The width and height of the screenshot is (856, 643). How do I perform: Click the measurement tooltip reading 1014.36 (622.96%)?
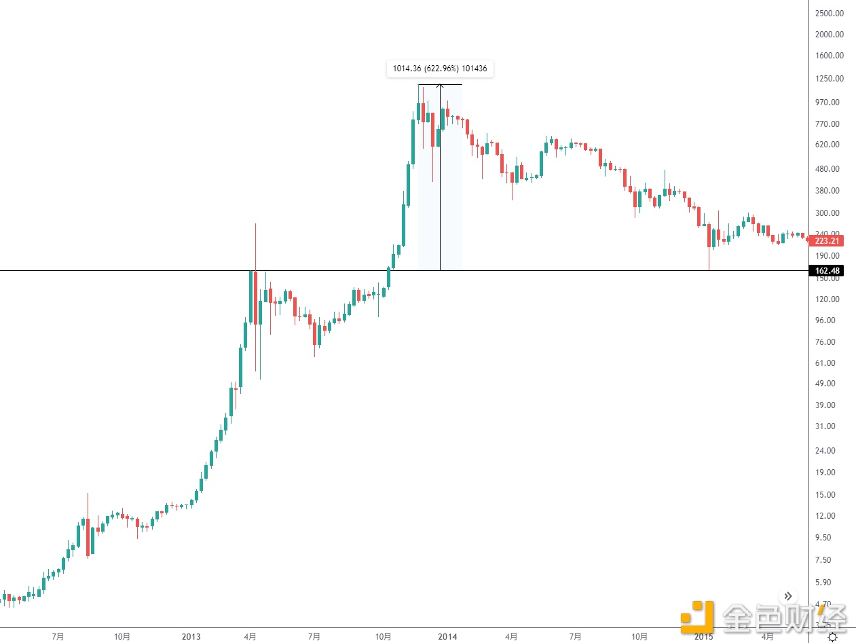point(441,69)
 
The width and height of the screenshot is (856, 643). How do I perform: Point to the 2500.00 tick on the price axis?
point(829,13)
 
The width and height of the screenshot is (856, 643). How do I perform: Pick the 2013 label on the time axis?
point(191,637)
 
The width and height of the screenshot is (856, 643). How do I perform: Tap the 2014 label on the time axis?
point(447,637)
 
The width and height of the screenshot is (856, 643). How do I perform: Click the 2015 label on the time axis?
point(704,637)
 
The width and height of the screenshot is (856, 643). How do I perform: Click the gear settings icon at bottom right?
point(832,637)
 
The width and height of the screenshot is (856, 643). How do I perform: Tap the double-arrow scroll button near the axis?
point(787,596)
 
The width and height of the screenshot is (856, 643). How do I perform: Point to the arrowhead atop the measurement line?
point(440,86)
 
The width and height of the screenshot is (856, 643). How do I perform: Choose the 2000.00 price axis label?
point(829,35)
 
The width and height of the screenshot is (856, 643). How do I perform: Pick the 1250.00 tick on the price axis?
point(829,79)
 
